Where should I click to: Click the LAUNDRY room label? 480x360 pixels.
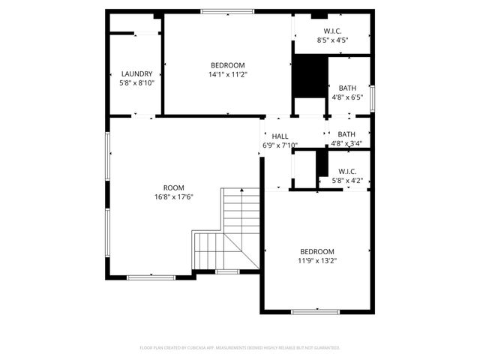(x=136, y=73)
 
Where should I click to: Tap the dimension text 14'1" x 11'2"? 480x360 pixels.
(x=227, y=74)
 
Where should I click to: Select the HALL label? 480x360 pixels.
(x=280, y=136)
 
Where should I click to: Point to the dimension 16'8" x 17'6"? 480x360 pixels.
(x=173, y=197)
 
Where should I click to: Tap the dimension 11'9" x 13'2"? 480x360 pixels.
(x=317, y=261)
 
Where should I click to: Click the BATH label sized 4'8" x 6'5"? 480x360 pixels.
(x=346, y=88)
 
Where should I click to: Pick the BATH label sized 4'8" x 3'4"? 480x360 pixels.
(x=346, y=134)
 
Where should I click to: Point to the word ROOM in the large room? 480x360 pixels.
(x=173, y=187)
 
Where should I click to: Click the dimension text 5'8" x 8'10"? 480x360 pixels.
(x=136, y=83)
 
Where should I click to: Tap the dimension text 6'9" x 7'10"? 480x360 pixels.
(x=280, y=145)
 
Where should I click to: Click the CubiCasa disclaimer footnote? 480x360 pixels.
(x=240, y=348)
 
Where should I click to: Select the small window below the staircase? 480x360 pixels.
(x=227, y=271)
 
